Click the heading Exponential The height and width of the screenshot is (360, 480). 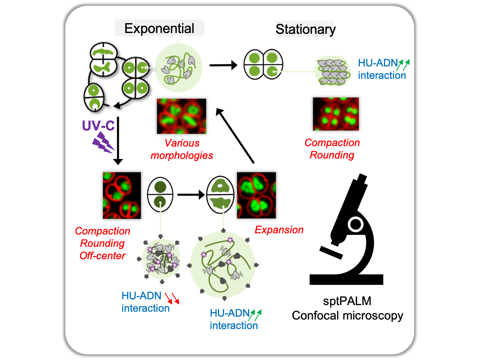click(159, 28)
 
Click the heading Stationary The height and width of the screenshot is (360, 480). click(305, 29)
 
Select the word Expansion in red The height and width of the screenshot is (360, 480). click(279, 230)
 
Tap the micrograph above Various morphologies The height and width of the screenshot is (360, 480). click(181, 116)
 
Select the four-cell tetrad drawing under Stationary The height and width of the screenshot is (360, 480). click(261, 64)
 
